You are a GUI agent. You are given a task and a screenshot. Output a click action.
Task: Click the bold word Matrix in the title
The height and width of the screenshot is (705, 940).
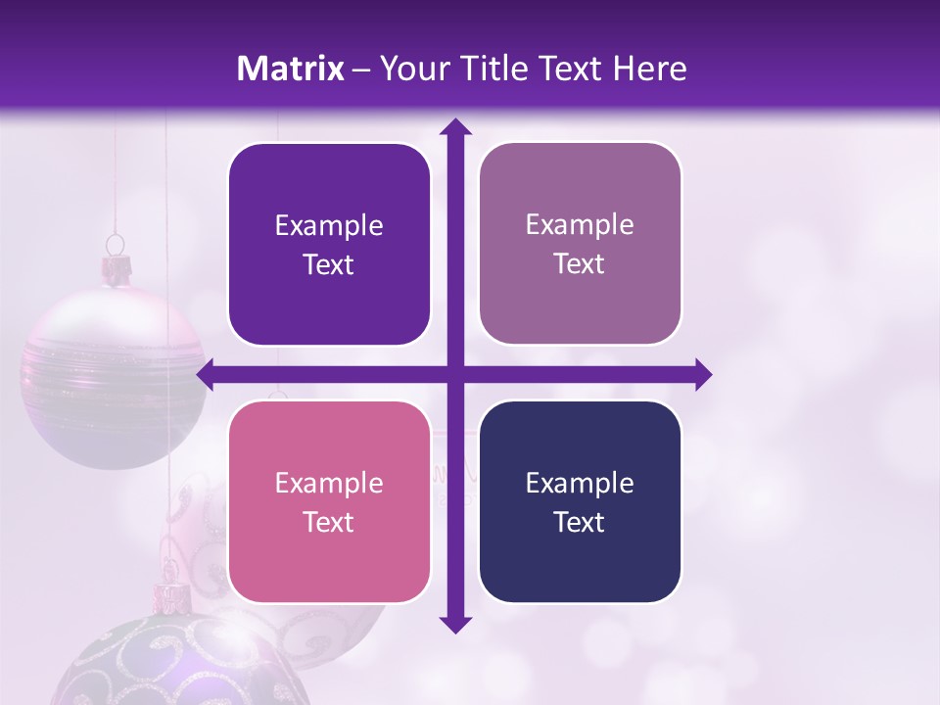[290, 69]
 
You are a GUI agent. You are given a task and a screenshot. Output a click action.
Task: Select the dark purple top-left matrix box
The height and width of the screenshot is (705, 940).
[329, 244]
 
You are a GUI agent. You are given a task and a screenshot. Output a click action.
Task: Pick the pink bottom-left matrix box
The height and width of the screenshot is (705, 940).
[329, 501]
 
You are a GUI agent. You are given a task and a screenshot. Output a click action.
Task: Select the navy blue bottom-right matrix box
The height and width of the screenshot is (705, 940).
[580, 501]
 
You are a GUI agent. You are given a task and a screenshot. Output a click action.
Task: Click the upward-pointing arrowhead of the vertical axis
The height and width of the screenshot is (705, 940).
[454, 126]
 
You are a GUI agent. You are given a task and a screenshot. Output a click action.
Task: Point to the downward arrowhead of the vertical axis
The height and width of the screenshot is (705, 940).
[454, 624]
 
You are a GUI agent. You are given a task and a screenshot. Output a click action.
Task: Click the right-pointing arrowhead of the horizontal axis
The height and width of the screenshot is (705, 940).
[703, 374]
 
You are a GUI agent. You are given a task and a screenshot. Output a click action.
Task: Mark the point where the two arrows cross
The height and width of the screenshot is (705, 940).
[454, 374]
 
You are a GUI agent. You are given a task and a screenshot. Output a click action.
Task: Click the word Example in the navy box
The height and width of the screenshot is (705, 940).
[580, 483]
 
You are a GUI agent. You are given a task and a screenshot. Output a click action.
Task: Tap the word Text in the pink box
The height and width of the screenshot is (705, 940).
[329, 522]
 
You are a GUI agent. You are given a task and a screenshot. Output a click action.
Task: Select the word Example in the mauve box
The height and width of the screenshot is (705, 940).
[580, 224]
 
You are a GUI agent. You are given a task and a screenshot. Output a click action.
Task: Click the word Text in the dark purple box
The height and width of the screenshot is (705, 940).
[329, 264]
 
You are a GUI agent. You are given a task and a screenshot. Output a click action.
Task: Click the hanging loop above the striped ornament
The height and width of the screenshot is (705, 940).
[116, 242]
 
